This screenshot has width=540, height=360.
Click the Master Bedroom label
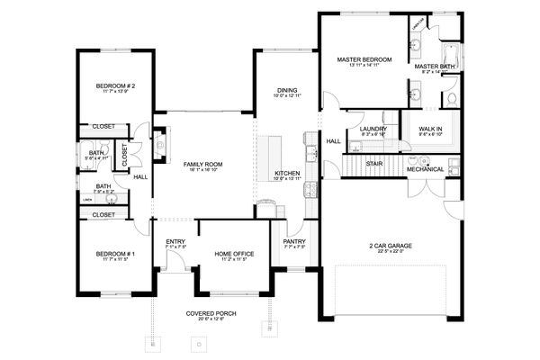361,60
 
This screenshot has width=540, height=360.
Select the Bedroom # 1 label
115,255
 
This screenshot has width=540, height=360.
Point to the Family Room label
203,165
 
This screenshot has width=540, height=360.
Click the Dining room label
286,90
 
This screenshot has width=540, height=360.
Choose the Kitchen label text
286,172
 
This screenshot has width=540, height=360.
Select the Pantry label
293,241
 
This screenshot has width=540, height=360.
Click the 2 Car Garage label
389,245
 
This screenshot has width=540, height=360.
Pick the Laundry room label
373,129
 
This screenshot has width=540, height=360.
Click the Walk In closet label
430,129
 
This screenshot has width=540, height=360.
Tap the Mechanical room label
425,168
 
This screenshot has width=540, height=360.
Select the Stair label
373,163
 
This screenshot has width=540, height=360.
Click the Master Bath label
433,67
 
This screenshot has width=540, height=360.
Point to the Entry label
175,241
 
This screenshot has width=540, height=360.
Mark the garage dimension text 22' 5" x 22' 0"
389,252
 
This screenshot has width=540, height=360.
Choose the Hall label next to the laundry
333,140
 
